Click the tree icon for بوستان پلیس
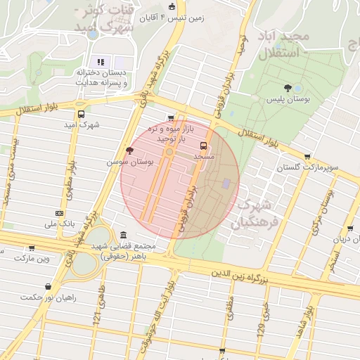click(x=288, y=88)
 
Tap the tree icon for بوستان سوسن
click(x=129, y=150)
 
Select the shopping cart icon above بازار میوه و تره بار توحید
click(x=170, y=118)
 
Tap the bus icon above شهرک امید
click(x=81, y=114)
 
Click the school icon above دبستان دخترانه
click(x=101, y=61)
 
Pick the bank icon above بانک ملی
click(x=59, y=213)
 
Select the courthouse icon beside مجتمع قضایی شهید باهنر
click(x=124, y=235)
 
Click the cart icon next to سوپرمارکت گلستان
click(x=307, y=157)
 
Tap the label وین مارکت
click(x=34, y=259)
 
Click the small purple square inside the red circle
click(x=225, y=184)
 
